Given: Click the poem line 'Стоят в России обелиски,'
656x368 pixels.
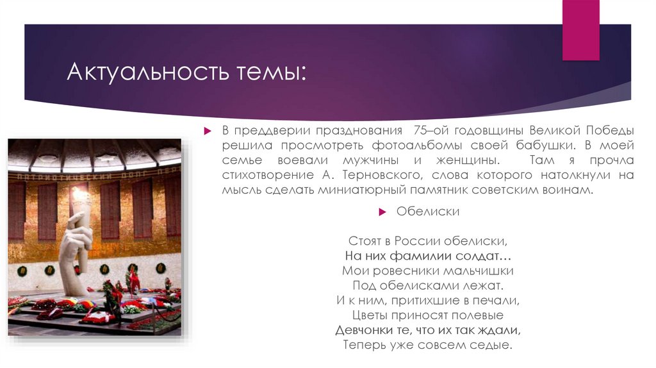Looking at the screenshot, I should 427,242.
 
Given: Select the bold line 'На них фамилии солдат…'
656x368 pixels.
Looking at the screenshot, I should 427,256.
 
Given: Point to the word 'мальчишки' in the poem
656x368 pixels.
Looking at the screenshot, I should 480,271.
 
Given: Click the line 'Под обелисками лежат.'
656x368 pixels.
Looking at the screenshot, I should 427,285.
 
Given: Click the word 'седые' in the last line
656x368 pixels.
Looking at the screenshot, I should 496,345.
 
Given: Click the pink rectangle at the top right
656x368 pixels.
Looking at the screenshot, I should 580,30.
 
